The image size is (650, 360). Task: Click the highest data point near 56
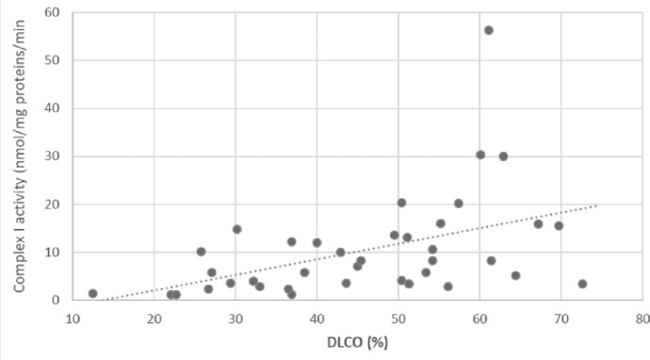coord(489,30)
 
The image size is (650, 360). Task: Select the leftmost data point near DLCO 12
coord(93,294)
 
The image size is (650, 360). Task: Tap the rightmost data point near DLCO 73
coord(582,284)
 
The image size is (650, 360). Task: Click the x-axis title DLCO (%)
coord(357,343)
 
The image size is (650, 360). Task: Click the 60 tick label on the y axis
coord(52,12)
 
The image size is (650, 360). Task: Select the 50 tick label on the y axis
coord(52,60)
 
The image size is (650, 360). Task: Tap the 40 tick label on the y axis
coord(52,108)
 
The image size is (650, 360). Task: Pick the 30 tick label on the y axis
coord(52,156)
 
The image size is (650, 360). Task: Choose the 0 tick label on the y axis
coord(56,300)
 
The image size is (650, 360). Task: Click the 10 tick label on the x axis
coord(73,319)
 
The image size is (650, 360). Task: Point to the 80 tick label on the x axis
coord(642,319)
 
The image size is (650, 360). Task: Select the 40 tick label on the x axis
coord(317,319)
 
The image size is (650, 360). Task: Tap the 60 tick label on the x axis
coord(479,319)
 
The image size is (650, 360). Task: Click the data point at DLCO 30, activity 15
coord(237,229)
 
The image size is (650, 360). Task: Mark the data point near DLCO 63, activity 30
coord(503,156)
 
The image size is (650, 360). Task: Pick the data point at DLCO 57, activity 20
coord(459,204)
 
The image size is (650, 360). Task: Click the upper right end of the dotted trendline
coord(596,205)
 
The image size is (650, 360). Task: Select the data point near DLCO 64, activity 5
coord(515,276)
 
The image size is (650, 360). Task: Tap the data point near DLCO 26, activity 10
coord(201,252)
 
